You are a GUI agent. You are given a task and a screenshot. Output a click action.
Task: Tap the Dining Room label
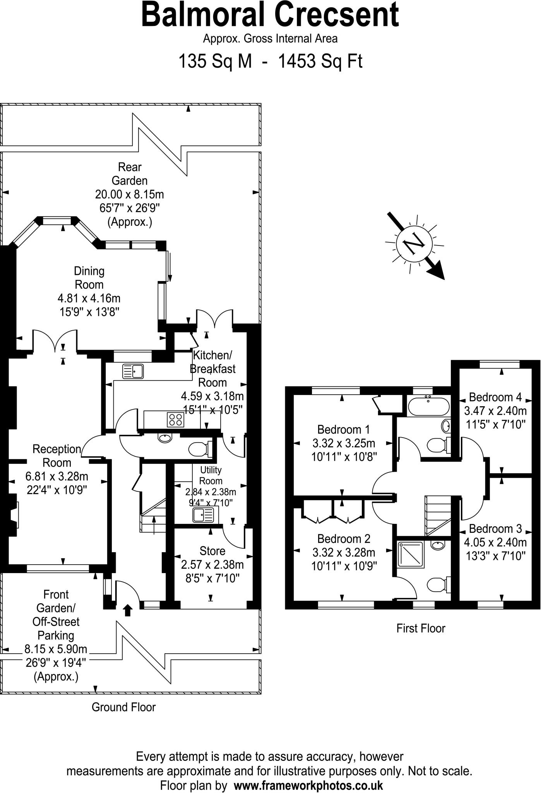89,278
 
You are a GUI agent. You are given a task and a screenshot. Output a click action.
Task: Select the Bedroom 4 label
495,397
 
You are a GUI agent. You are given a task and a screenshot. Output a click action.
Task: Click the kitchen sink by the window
133,371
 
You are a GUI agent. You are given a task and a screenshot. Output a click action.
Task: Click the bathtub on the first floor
428,406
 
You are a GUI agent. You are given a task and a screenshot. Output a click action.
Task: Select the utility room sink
203,515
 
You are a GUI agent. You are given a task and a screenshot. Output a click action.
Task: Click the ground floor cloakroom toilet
199,449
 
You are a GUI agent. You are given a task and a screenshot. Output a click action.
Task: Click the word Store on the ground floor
212,551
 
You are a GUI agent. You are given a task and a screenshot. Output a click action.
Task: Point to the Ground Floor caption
123,707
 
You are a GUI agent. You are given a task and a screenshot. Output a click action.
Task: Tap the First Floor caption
421,628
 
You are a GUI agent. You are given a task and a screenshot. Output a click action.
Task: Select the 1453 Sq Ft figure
320,61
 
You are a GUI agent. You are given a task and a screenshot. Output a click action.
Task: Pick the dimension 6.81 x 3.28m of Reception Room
57,476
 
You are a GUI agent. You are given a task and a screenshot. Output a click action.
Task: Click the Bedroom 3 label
495,529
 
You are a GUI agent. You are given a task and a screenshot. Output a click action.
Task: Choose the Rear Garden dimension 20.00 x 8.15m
130,194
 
